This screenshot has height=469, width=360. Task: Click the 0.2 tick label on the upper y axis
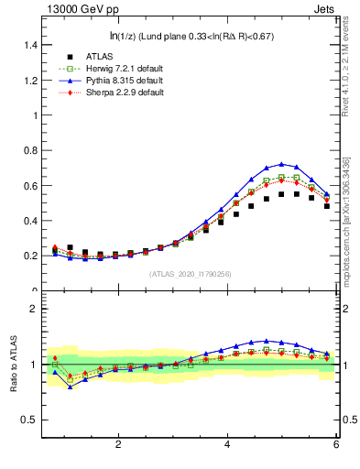point(29,256)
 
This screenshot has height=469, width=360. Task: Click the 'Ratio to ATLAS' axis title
point(13,365)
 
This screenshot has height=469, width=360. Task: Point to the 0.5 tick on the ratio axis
point(29,420)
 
